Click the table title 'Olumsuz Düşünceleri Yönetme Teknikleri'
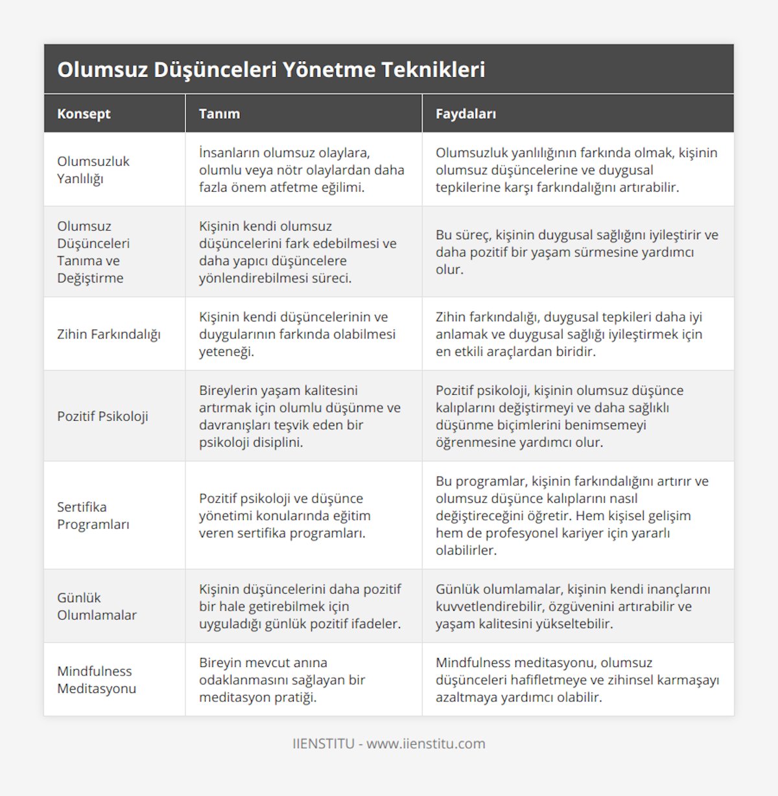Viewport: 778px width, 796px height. pyautogui.click(x=271, y=69)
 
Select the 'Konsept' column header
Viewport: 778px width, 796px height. pyautogui.click(x=84, y=114)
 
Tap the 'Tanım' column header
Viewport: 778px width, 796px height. pyautogui.click(x=219, y=114)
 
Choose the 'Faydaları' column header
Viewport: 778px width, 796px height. pyautogui.click(x=466, y=114)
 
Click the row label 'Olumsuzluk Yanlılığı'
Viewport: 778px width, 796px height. pyautogui.click(x=93, y=170)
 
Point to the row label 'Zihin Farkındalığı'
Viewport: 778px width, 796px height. pyautogui.click(x=109, y=334)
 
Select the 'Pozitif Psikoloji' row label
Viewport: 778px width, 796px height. pyautogui.click(x=102, y=416)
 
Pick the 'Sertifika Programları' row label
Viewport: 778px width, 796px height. pyautogui.click(x=93, y=515)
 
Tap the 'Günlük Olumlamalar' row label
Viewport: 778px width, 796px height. pyautogui.click(x=97, y=606)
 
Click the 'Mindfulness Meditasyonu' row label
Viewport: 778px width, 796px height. pyautogui.click(x=97, y=679)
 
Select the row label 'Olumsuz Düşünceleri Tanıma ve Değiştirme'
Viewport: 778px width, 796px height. pyautogui.click(x=93, y=252)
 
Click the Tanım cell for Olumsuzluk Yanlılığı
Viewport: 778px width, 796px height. pyautogui.click(x=301, y=170)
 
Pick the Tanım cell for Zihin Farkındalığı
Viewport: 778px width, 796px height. pyautogui.click(x=297, y=334)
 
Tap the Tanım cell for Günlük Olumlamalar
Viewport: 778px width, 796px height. pyautogui.click(x=300, y=606)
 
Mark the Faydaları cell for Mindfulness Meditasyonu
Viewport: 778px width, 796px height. pyautogui.click(x=577, y=679)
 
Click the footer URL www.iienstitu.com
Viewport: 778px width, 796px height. pyautogui.click(x=426, y=743)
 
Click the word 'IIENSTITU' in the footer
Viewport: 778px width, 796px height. pyautogui.click(x=324, y=743)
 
